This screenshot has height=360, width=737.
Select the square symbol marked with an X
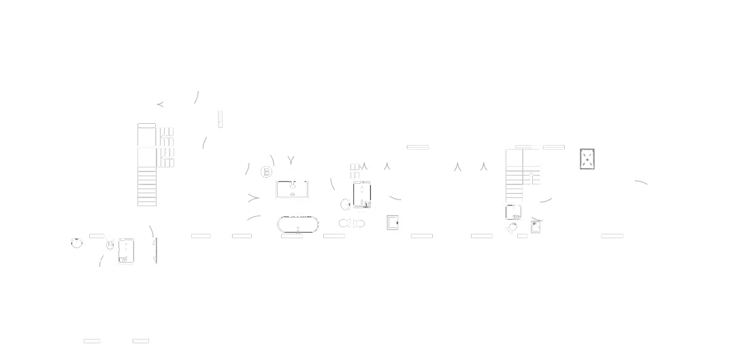pyautogui.click(x=587, y=160)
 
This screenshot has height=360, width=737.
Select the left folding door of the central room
pyautogui.click(x=458, y=165)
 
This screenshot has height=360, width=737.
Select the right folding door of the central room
pyautogui.click(x=482, y=165)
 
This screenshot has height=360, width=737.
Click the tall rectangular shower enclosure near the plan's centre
pyautogui.click(x=362, y=194)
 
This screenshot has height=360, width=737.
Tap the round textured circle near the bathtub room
pyautogui.click(x=266, y=171)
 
